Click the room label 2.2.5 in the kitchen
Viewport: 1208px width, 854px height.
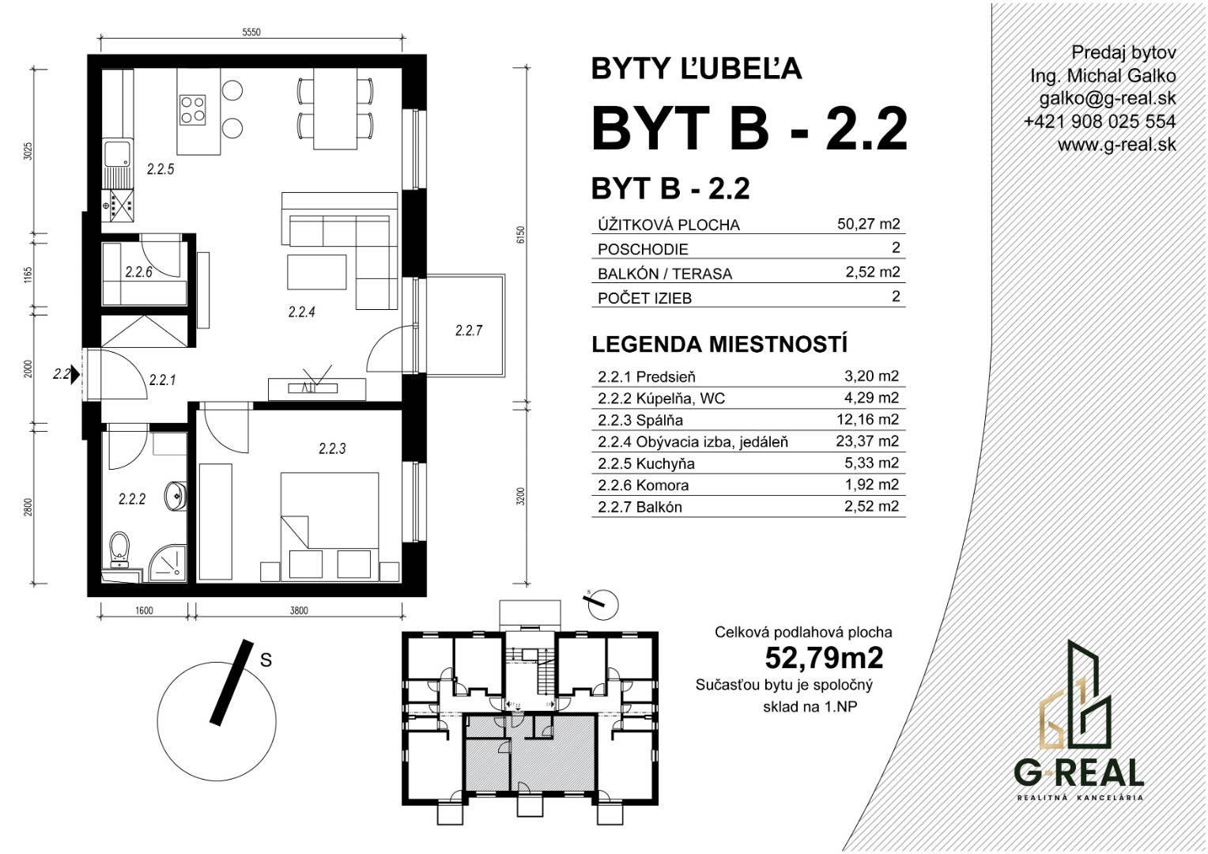pyautogui.click(x=160, y=169)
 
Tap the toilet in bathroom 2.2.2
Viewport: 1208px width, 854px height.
pyautogui.click(x=119, y=549)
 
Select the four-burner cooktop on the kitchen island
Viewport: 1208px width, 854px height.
pyautogui.click(x=193, y=109)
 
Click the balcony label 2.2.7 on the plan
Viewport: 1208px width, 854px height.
pyautogui.click(x=469, y=331)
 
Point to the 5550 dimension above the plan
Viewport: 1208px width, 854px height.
pyautogui.click(x=251, y=32)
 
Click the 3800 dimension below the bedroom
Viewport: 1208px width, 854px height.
pyautogui.click(x=299, y=610)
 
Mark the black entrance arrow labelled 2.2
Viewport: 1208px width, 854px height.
pyautogui.click(x=76, y=373)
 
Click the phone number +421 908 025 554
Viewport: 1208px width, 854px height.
pyautogui.click(x=1100, y=122)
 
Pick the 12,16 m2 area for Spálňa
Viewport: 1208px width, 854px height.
pyautogui.click(x=867, y=419)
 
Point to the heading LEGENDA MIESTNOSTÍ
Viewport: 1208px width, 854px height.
pyautogui.click(x=719, y=345)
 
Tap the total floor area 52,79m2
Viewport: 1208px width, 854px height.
pyautogui.click(x=824, y=658)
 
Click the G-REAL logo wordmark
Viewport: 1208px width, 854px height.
pyautogui.click(x=1078, y=773)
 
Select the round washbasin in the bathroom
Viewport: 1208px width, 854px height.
pyautogui.click(x=177, y=495)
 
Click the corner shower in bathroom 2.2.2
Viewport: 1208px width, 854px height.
pyautogui.click(x=168, y=564)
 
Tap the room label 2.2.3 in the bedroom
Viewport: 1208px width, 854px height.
pyautogui.click(x=332, y=448)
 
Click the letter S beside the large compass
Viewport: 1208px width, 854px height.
pyautogui.click(x=266, y=659)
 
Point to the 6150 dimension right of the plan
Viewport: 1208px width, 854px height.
pyautogui.click(x=520, y=235)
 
